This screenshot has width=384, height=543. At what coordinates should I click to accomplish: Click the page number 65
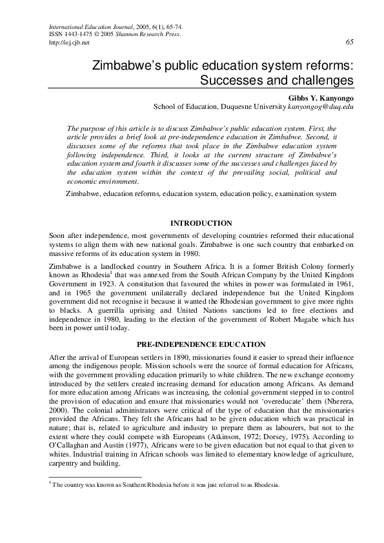[349, 43]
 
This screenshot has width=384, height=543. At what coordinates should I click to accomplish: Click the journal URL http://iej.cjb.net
[69, 43]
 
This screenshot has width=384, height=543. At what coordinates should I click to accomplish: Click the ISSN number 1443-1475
[77, 34]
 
